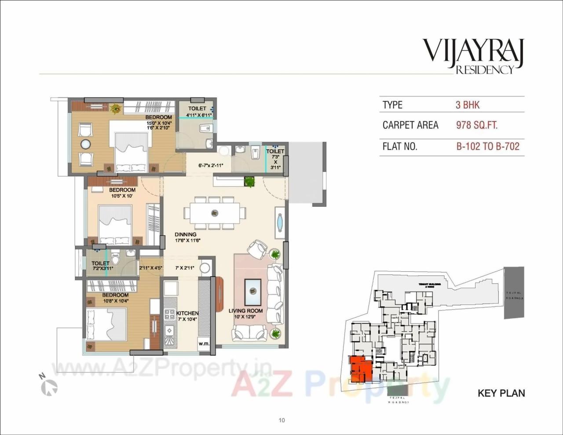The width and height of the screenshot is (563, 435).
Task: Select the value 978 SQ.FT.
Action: tap(477, 125)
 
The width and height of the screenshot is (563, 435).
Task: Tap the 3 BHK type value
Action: tap(468, 105)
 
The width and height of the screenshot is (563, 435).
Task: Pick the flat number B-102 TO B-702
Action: tap(488, 146)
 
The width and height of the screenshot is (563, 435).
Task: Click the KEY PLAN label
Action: tap(501, 393)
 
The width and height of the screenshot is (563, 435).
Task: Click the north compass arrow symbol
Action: tap(49, 386)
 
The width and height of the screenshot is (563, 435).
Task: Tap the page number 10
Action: tap(281, 420)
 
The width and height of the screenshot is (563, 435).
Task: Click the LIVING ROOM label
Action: tap(245, 311)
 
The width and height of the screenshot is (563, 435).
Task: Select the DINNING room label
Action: tap(185, 234)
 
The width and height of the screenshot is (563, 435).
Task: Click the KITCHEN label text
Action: tap(187, 313)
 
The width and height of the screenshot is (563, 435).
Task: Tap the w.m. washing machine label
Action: tap(204, 344)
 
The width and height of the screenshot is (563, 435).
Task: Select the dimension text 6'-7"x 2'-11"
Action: tap(211, 166)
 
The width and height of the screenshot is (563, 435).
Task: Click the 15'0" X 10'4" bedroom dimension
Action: tap(159, 123)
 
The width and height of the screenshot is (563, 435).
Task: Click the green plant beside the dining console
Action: tap(250, 181)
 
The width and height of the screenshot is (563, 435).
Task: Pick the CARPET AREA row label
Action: tap(410, 125)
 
